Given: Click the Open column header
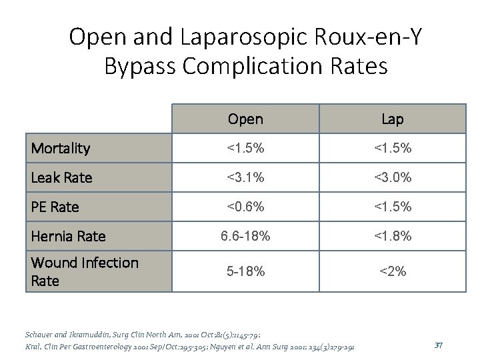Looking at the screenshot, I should (x=245, y=119).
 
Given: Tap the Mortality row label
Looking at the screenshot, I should (x=61, y=148).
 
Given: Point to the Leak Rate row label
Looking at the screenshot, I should (x=61, y=177).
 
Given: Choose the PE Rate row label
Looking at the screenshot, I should (x=55, y=207).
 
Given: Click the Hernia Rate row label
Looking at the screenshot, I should (x=68, y=236).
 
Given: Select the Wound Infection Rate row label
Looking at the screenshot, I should (x=85, y=271).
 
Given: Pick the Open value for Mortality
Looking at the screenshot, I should (x=245, y=148).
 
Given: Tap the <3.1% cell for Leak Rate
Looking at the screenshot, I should (x=245, y=177).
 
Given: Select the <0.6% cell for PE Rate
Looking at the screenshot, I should (x=245, y=207).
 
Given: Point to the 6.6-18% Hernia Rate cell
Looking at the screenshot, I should (x=245, y=236).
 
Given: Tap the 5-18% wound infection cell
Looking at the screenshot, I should (x=245, y=271).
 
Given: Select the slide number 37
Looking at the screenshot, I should (x=438, y=344).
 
